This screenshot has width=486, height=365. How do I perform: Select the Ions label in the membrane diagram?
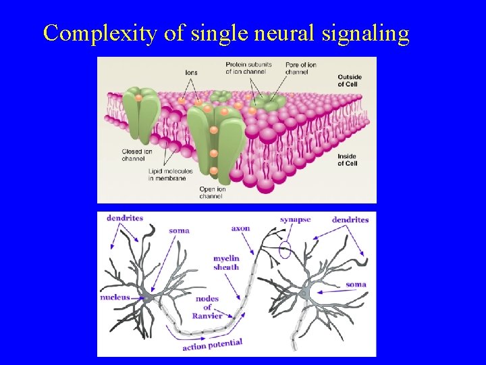click(x=191, y=72)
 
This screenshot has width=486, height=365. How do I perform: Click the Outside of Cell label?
click(x=349, y=80)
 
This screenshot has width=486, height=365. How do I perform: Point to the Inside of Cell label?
click(x=347, y=160)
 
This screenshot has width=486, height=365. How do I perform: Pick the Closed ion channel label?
click(x=133, y=155)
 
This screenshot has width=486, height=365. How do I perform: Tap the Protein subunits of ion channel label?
click(x=248, y=68)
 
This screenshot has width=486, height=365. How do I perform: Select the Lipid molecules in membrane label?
click(x=170, y=174)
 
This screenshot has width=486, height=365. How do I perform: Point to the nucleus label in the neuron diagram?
click(x=115, y=297)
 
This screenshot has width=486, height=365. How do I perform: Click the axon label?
click(x=240, y=228)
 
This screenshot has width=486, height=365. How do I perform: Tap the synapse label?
click(x=295, y=220)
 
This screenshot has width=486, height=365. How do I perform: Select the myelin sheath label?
click(x=226, y=263)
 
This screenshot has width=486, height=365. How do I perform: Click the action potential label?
click(x=212, y=345)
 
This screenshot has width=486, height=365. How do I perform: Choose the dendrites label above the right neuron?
click(x=350, y=220)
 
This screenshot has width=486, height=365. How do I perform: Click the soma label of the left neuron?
click(x=179, y=230)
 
